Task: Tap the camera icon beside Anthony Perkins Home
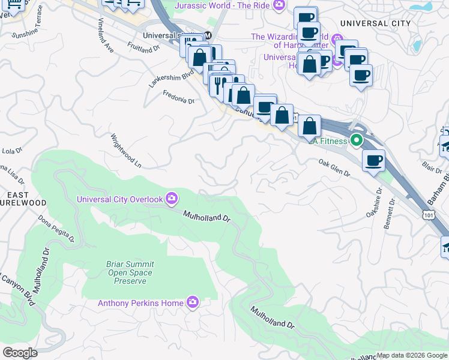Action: click(193, 302)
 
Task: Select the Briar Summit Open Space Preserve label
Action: click(122, 272)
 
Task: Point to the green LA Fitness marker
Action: click(357, 141)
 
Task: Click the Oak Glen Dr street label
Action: click(334, 167)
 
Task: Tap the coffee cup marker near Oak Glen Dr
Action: click(373, 161)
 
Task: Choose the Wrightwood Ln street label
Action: click(125, 150)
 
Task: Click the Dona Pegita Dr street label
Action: click(57, 228)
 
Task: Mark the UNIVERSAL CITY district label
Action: click(375, 23)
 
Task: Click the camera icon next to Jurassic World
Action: click(279, 5)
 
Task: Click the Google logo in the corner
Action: click(20, 353)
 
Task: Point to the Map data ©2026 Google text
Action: click(411, 355)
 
